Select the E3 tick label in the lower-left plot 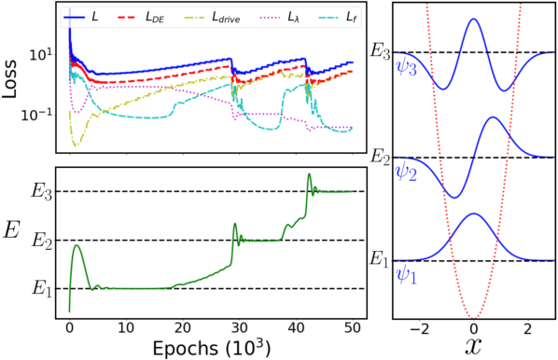pos(39,192)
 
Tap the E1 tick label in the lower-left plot pos(39,289)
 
